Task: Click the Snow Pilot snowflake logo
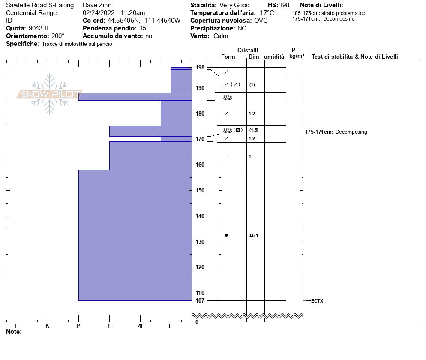pos(49,93)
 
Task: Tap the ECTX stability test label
pos(317,301)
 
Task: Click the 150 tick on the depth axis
pos(200,190)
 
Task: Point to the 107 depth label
pos(200,300)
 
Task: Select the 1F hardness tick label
pos(110,326)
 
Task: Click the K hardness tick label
pos(47,326)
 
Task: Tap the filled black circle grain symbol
pos(226,235)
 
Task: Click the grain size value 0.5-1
pos(253,235)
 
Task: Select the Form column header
pos(228,57)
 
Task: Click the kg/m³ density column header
pos(297,56)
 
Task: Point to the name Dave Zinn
pos(97,5)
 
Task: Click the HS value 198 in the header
pos(284,5)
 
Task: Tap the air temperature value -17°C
pos(266,13)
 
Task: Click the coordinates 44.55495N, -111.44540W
pos(144,21)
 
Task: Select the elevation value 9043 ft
pos(39,28)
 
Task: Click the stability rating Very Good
pos(234,5)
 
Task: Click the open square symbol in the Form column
pos(226,156)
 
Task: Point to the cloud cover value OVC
pos(261,21)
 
